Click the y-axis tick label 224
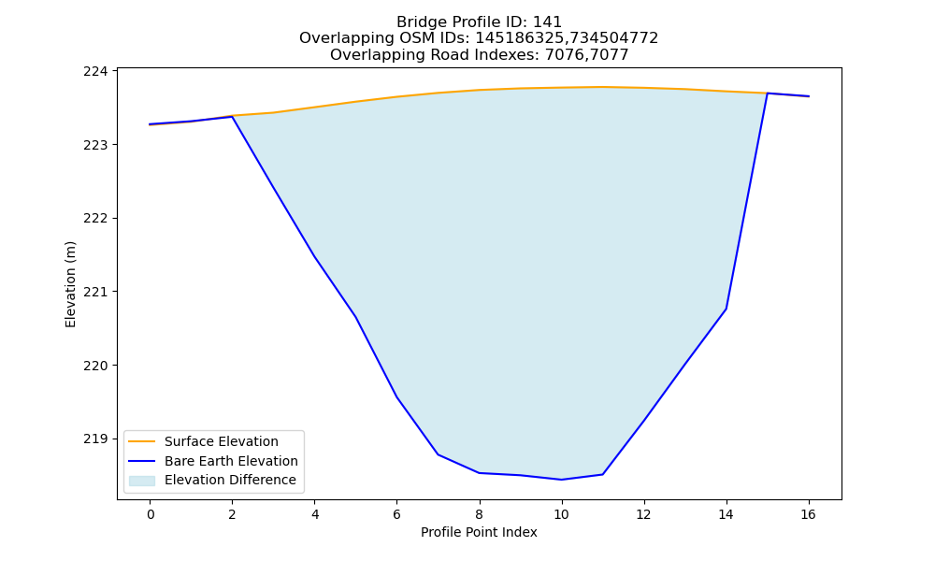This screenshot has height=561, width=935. (x=96, y=72)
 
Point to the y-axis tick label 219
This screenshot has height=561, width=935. (x=96, y=439)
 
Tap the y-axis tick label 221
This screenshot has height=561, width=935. (x=96, y=292)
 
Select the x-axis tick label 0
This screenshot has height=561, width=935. (x=151, y=514)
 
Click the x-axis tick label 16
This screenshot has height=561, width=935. (x=808, y=514)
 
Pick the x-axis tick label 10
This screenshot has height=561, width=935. (x=561, y=514)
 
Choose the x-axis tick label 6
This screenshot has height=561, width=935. (x=396, y=514)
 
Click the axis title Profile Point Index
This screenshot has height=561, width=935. (x=479, y=532)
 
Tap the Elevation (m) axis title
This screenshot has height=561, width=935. (x=70, y=284)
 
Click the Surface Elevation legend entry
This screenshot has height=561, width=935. (x=222, y=441)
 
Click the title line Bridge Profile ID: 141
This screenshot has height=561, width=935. (x=479, y=22)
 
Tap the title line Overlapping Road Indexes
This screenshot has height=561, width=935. (x=479, y=55)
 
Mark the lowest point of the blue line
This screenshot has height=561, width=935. (x=561, y=480)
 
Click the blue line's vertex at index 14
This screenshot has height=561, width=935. (x=726, y=309)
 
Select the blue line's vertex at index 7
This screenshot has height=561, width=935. (x=439, y=455)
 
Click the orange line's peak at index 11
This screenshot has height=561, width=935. (x=602, y=87)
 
